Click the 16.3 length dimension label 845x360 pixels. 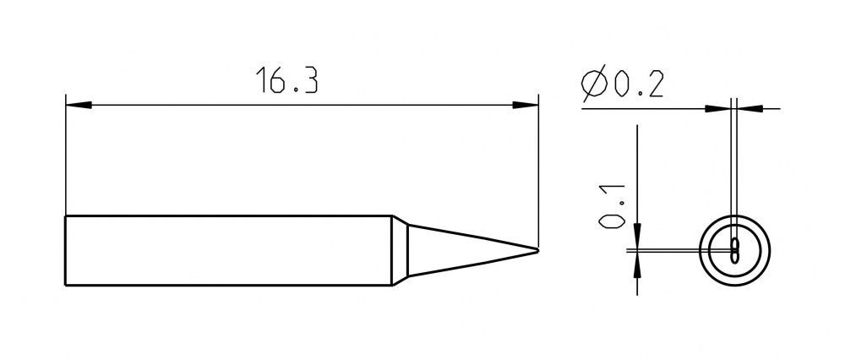point(286,80)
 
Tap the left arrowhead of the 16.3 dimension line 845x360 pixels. point(78,105)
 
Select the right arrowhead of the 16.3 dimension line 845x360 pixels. point(526,105)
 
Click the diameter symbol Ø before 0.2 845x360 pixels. point(594,84)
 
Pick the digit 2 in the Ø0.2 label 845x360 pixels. point(655,85)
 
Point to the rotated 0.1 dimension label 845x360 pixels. point(611,206)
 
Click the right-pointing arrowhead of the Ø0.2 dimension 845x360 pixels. point(717,109)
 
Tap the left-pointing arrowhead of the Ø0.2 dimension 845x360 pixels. point(750,109)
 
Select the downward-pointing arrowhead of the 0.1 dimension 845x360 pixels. point(637,236)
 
